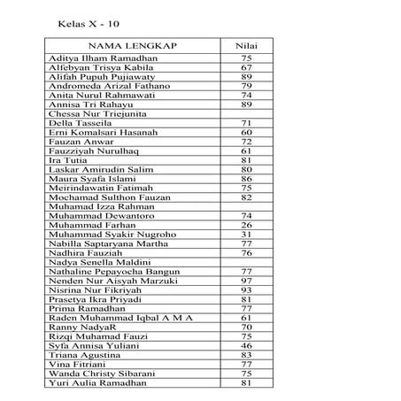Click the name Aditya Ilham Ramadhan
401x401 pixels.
[103, 58]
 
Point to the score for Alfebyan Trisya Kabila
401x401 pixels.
[247, 67]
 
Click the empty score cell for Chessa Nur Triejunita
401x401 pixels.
[247, 114]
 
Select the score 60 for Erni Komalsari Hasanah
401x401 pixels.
[247, 132]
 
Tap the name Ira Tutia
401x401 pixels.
[67, 160]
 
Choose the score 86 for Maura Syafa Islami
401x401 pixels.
[247, 179]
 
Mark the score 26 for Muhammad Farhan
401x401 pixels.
[247, 225]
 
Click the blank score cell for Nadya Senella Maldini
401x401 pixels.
[247, 263]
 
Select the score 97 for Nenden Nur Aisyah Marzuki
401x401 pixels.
[247, 281]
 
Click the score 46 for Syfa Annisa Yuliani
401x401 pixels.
[247, 345]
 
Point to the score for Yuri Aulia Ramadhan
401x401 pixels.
[247, 382]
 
